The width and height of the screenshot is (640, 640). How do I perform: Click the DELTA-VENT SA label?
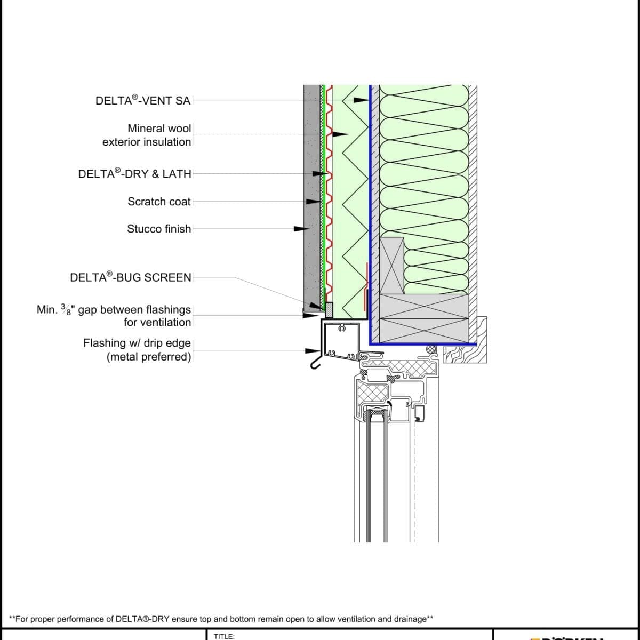coord(142,100)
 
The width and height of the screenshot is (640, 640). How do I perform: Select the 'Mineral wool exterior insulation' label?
coord(147,135)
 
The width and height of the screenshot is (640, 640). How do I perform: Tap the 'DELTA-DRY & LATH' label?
coord(134,173)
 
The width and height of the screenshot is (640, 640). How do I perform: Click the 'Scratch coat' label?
coord(159,202)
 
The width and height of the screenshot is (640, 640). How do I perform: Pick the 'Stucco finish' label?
coord(159,229)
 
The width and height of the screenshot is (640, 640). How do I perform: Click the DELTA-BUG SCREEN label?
coord(131,277)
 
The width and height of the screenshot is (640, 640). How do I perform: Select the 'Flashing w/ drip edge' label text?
coord(137,343)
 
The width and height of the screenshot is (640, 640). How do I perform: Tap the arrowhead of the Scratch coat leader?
coord(312,202)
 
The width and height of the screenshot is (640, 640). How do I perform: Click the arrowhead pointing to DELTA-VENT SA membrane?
coord(363,100)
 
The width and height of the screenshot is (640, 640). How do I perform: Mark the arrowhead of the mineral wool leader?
coord(341,134)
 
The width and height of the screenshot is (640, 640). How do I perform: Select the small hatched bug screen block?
coord(329,309)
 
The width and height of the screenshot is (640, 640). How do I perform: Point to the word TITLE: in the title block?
coord(224,636)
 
